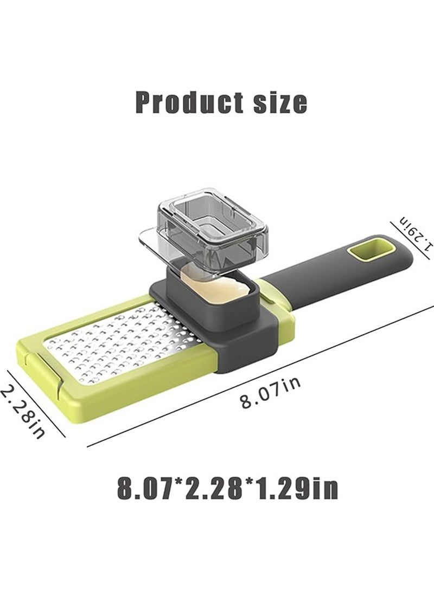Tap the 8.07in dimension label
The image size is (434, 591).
coord(270,393)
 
